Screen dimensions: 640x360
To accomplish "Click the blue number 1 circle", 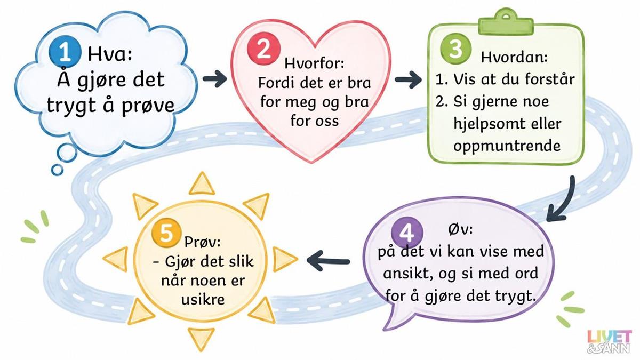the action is (x=65, y=51).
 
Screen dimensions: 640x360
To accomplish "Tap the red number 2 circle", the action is (x=263, y=50).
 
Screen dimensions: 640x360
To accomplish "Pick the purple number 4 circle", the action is (x=406, y=233).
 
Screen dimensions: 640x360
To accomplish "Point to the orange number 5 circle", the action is (x=166, y=233).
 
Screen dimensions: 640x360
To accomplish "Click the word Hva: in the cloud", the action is (x=110, y=54).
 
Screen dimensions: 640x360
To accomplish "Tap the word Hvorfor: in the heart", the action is (x=314, y=63).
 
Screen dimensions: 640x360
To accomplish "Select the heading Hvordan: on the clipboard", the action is (x=514, y=57).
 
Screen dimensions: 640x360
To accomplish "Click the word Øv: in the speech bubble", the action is (x=460, y=230).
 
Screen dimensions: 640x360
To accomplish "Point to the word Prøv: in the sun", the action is (x=202, y=242).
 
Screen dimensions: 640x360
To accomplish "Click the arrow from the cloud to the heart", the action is (x=214, y=78).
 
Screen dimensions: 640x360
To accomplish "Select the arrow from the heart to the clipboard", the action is (x=409, y=79).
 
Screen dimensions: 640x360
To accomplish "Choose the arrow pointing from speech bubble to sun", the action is (x=329, y=261).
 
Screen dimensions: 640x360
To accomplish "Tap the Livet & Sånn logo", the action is (x=609, y=345).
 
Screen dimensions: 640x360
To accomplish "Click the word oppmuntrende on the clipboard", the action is (x=507, y=147).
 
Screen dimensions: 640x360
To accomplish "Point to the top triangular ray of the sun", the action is (x=202, y=185).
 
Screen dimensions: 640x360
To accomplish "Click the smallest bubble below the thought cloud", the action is (x=57, y=170).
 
